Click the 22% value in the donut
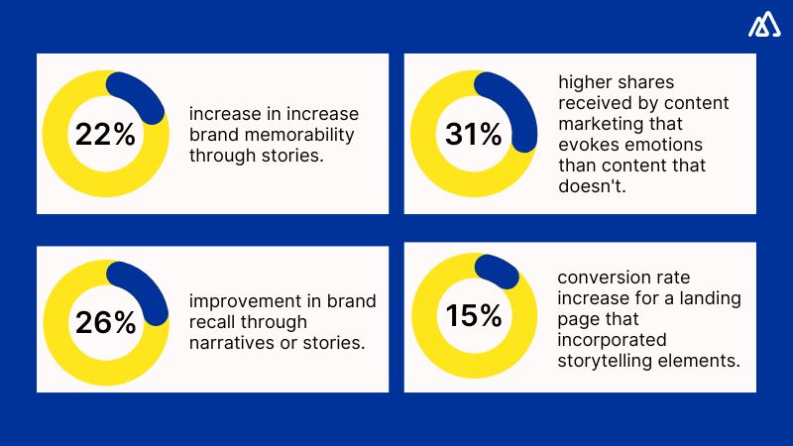[x=105, y=134]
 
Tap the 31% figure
[x=473, y=134]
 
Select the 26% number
[x=105, y=322]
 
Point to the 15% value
[x=473, y=316]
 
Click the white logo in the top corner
[x=763, y=26]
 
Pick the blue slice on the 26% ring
[x=140, y=288]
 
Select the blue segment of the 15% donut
[x=497, y=271]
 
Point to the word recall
[x=214, y=322]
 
